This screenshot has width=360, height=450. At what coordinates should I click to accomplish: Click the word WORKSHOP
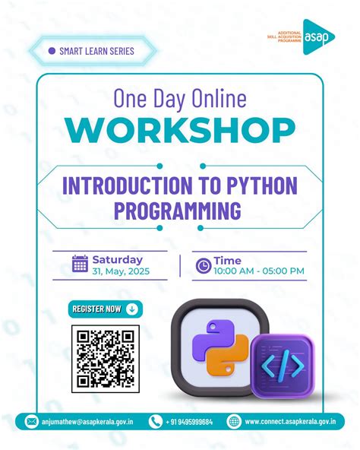point(180,131)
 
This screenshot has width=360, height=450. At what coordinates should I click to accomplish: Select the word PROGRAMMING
point(180,208)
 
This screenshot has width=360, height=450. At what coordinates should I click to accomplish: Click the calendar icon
point(80,264)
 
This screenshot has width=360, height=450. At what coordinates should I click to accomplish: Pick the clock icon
point(203,265)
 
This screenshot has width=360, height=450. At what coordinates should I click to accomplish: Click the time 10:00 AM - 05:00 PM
point(259,271)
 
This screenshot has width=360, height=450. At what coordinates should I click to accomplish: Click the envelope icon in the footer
point(32,421)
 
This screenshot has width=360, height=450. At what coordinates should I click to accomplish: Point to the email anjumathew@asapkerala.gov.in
point(88,422)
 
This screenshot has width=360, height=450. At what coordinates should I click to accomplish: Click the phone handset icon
point(156,421)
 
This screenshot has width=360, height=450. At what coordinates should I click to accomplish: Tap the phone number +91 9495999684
point(190,422)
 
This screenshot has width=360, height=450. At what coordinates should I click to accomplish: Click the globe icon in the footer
point(234,421)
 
